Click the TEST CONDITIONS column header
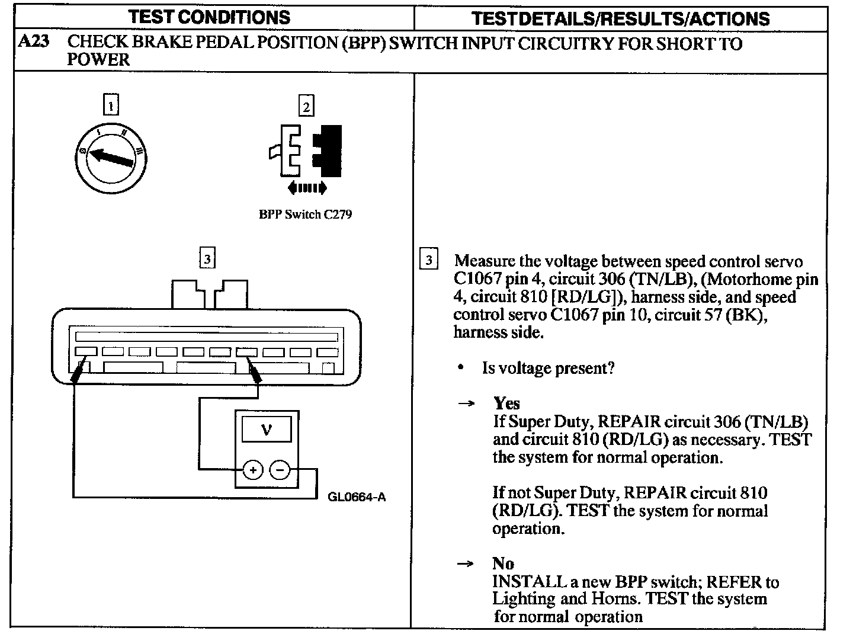tap(210, 17)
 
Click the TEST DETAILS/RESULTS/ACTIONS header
tap(620, 18)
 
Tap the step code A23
tap(34, 43)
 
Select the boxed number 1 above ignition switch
tap(111, 105)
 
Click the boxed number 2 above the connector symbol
tap(306, 107)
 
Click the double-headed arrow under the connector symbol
tap(306, 188)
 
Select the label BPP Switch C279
tap(305, 214)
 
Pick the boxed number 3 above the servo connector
tap(207, 259)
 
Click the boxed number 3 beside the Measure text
tap(428, 260)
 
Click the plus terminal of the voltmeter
tap(253, 470)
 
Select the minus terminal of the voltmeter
tap(280, 470)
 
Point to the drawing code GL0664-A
tap(357, 497)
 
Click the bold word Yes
tap(506, 404)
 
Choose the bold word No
tap(503, 563)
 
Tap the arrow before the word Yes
tap(466, 404)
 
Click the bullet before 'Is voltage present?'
tap(461, 369)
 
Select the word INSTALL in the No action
tap(525, 582)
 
